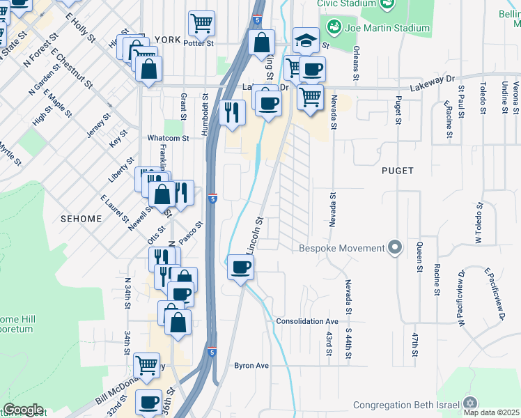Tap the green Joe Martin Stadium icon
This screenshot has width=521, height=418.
point(336,28)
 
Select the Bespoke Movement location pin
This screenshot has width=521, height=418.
point(396,248)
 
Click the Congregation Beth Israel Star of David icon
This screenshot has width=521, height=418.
point(470,404)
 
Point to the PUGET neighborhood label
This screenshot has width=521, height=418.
point(398,170)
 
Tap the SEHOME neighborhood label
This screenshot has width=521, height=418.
point(81,218)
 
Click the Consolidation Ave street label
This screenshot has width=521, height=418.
point(306,321)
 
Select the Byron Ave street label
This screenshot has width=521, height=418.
point(251,365)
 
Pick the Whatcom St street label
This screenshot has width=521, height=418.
point(168,138)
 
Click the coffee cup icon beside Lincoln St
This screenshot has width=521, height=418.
point(240,268)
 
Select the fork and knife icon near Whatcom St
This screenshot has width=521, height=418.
point(232,111)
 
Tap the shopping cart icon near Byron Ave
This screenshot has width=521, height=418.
point(146,364)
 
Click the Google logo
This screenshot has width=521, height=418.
point(23,410)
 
